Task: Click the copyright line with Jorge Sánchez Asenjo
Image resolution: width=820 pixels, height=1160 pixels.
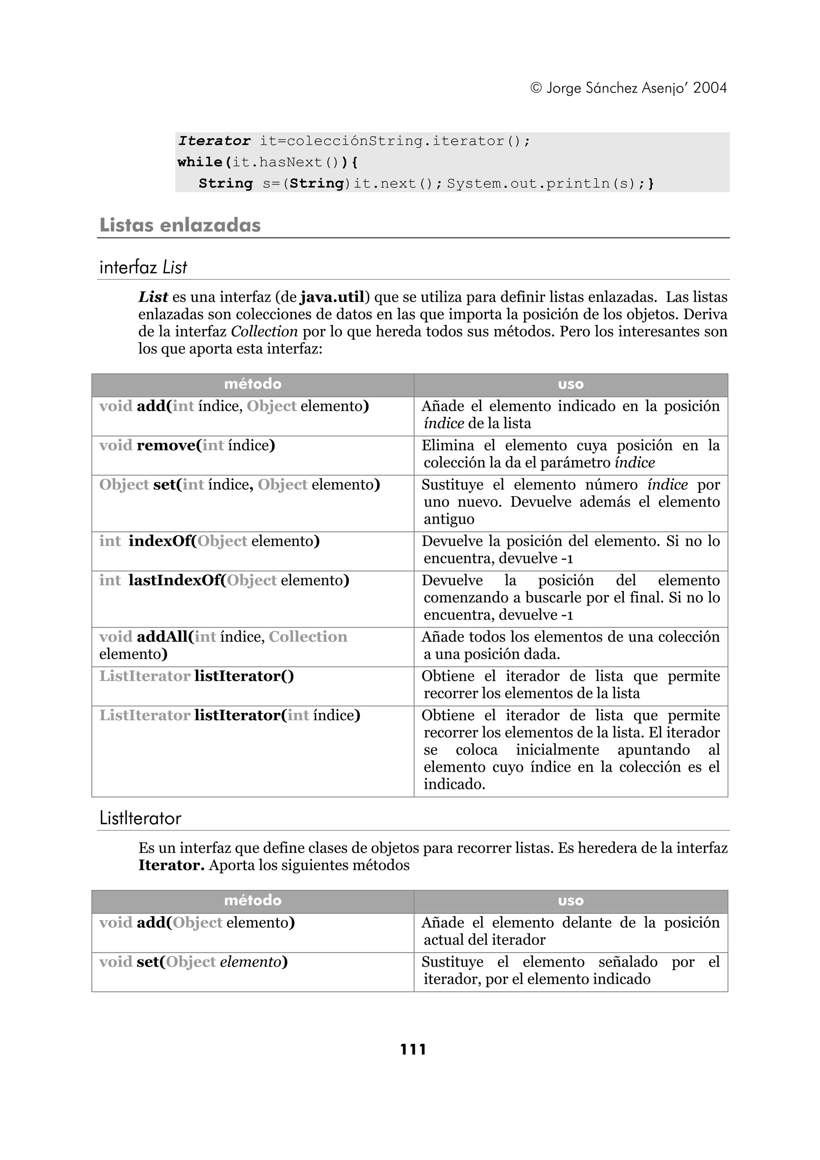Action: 628,88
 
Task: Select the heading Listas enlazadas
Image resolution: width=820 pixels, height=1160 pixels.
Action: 180,225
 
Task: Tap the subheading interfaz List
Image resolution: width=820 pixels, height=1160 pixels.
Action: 143,267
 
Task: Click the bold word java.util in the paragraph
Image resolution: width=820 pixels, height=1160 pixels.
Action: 332,297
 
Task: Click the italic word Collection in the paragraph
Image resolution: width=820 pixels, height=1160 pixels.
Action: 264,331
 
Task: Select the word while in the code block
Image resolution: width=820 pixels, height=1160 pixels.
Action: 200,162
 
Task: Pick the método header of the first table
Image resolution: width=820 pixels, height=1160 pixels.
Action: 253,385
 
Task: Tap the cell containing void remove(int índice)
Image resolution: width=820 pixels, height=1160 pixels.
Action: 187,446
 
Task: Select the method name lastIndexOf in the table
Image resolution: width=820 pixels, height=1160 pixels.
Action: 175,580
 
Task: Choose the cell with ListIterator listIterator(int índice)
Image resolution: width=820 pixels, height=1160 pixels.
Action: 229,715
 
